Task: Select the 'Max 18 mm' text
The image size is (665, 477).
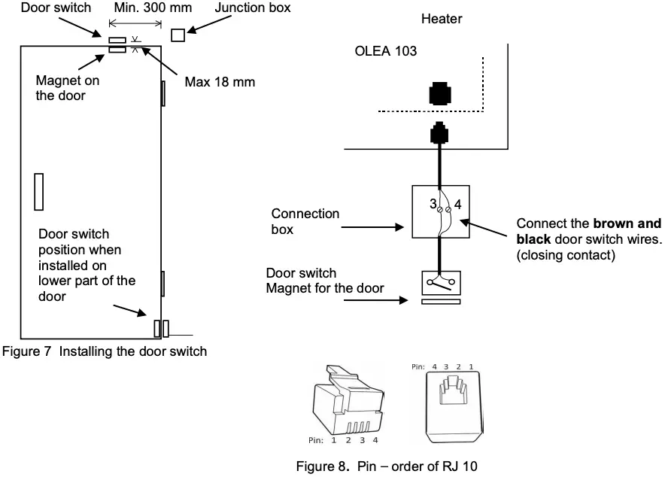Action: tap(220, 82)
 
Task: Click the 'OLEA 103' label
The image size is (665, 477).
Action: tap(386, 52)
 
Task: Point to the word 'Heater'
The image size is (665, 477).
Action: tap(442, 19)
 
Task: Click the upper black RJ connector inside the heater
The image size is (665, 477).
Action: tap(439, 93)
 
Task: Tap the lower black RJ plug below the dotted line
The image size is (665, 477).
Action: tap(439, 134)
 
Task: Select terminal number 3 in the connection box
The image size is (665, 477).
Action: tap(433, 204)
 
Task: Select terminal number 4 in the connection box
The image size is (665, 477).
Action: tap(457, 204)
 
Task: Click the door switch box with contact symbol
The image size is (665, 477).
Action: tap(439, 283)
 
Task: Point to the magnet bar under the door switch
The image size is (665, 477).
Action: tap(439, 302)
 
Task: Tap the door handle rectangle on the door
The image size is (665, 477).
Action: tap(39, 191)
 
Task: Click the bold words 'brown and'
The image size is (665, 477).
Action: tap(627, 223)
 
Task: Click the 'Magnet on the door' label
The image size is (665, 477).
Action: tap(68, 87)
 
